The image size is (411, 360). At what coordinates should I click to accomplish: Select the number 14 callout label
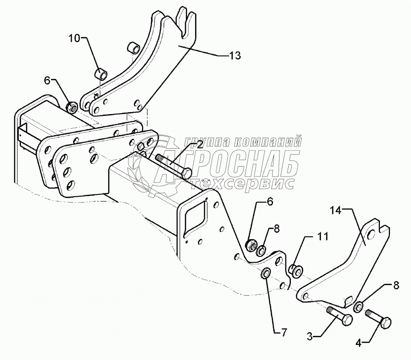pos(348,210)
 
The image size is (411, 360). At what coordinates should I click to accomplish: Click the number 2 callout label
pos(200,145)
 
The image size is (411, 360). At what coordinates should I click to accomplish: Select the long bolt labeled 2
pos(174,166)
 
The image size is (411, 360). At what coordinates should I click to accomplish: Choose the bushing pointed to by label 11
pos(295,270)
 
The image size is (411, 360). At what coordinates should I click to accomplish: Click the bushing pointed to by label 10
pos(101,73)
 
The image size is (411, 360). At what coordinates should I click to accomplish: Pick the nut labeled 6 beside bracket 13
pos(72,108)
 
